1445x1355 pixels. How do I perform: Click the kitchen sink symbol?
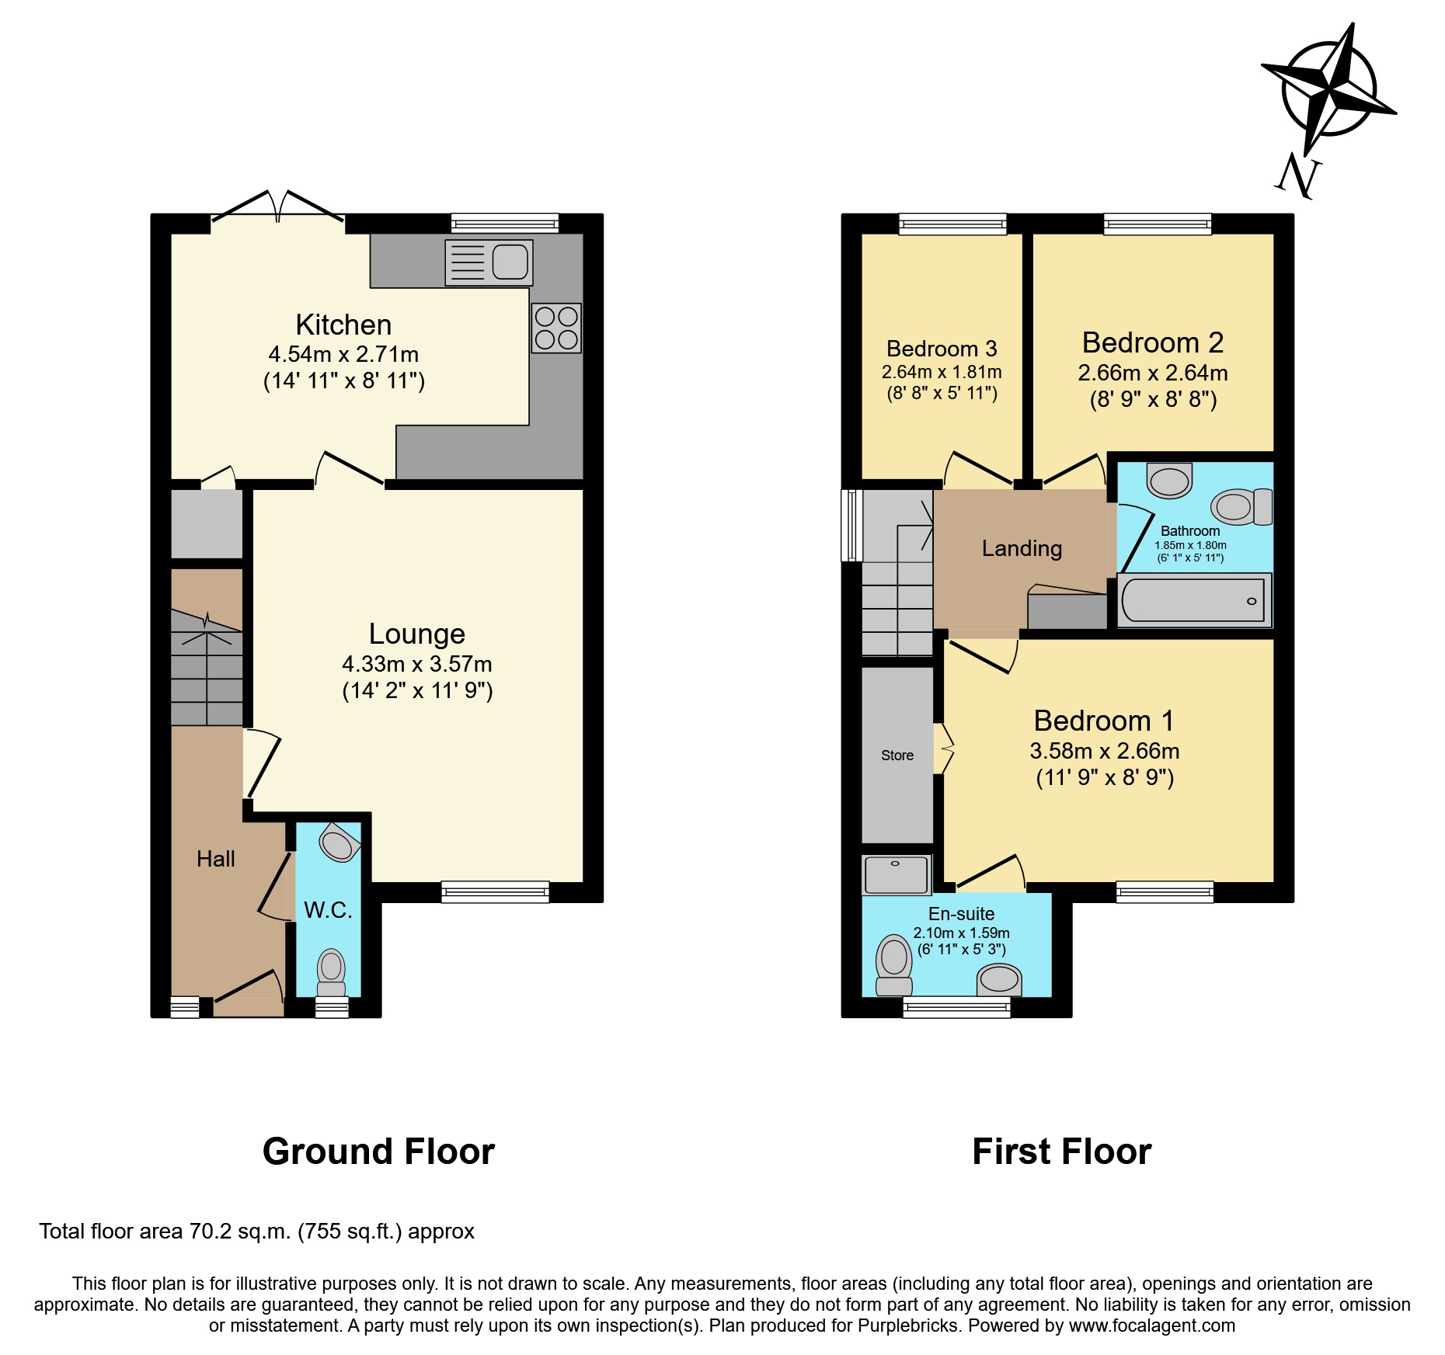click(x=489, y=262)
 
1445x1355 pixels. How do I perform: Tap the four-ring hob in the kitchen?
click(x=556, y=328)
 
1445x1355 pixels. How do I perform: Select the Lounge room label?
click(x=417, y=634)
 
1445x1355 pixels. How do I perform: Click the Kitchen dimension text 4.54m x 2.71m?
click(x=343, y=354)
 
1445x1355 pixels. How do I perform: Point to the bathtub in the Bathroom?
click(x=1194, y=600)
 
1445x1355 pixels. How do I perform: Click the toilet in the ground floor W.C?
click(x=332, y=971)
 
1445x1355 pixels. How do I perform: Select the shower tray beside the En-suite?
click(x=897, y=875)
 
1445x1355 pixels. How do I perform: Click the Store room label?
click(x=897, y=756)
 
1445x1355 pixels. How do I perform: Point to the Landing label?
click(x=1022, y=548)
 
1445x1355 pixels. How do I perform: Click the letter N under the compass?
click(x=1298, y=176)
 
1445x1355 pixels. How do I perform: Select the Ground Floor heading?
click(x=378, y=1152)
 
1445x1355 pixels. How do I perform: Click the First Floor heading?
click(x=1061, y=1152)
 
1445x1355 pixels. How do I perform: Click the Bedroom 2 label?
click(x=1153, y=342)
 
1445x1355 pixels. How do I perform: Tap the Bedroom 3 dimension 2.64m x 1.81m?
click(x=942, y=372)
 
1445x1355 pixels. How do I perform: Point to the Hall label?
click(x=216, y=859)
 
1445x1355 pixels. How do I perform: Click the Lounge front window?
click(x=495, y=892)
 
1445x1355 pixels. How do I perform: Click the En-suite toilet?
click(x=893, y=964)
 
